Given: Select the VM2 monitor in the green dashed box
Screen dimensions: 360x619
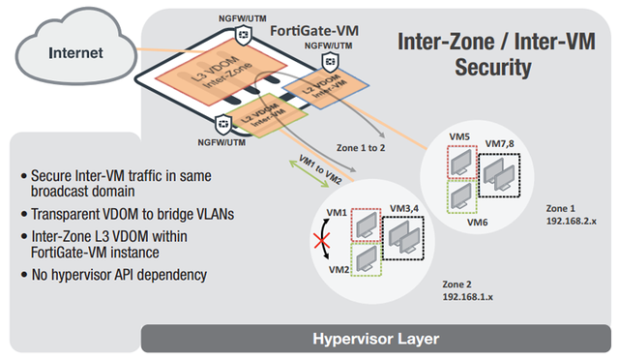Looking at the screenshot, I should click(368, 259).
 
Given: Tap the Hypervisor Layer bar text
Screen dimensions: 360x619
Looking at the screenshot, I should click(377, 340).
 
